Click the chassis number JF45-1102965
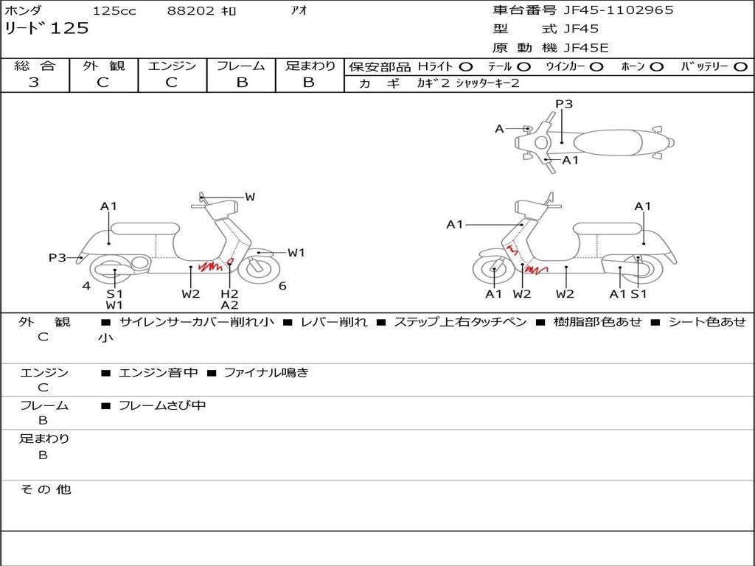pos(619,10)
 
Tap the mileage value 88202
pos(191,10)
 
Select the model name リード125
pos(46,28)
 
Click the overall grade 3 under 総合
pos(34,82)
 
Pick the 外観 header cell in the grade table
pos(103,66)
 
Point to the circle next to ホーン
pos(656,67)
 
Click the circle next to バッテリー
pos(741,67)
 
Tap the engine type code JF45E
pos(586,48)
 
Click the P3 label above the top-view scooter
pos(564,103)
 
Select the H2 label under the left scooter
pos(230,293)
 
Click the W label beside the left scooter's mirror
pos(249,197)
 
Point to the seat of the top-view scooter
pos(608,143)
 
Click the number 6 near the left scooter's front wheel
pos(282,286)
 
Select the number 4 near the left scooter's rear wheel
pos(86,286)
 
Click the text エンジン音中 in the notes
pos(158,372)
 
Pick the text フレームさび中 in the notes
pos(162,406)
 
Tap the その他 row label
pos(46,489)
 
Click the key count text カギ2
pos(433,83)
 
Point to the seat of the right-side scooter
pos(608,228)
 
